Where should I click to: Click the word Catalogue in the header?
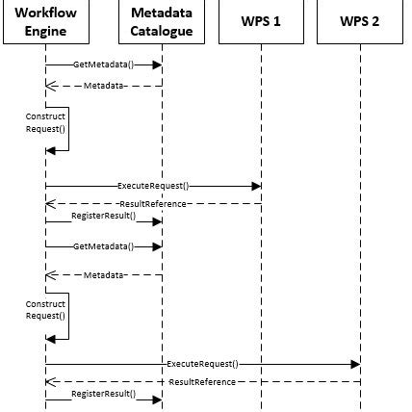[161, 30]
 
